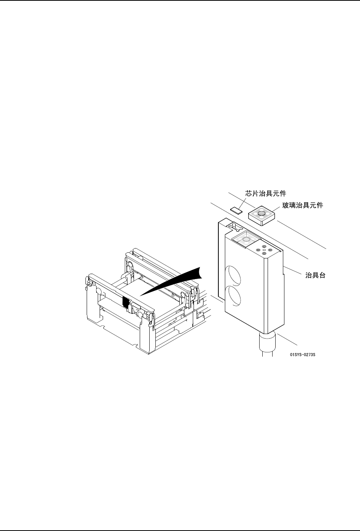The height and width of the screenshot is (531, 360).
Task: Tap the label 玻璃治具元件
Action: pos(303,206)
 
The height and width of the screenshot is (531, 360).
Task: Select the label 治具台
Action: pos(316,275)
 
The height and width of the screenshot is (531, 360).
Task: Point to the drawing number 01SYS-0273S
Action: pos(302,354)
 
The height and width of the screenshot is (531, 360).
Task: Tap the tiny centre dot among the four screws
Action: pos(264,250)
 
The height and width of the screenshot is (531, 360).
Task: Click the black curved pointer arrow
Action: pos(179,282)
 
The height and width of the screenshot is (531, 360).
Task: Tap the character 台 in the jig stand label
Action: pos(322,275)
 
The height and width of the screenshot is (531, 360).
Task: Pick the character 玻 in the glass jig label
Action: pos(286,206)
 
